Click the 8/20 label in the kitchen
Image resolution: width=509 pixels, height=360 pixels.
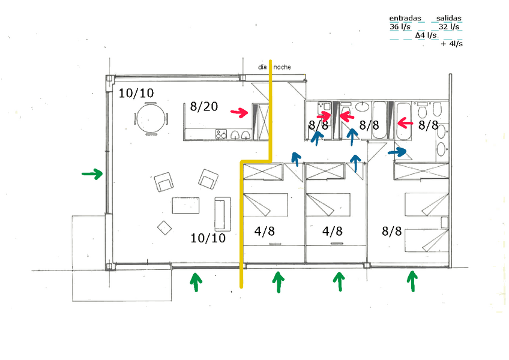tap(203, 107)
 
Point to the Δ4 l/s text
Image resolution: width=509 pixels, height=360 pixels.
tap(426, 35)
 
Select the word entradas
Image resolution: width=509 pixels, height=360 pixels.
tap(405, 19)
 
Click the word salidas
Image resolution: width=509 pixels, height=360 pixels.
tap(449, 19)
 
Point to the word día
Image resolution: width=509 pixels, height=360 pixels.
tap(262, 67)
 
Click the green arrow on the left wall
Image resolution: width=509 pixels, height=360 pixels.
tap(92, 174)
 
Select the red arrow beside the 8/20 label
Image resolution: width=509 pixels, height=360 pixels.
tap(239, 112)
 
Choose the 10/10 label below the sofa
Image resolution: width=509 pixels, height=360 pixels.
tap(208, 238)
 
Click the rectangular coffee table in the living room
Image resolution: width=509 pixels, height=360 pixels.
tap(186, 205)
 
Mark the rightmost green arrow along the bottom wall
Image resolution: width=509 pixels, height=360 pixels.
tap(412, 281)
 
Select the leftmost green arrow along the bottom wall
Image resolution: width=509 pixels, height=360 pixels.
tap(194, 282)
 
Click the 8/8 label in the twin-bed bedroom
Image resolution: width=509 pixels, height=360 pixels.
tap(391, 231)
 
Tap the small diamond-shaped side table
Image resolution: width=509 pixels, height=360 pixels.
tap(163, 227)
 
